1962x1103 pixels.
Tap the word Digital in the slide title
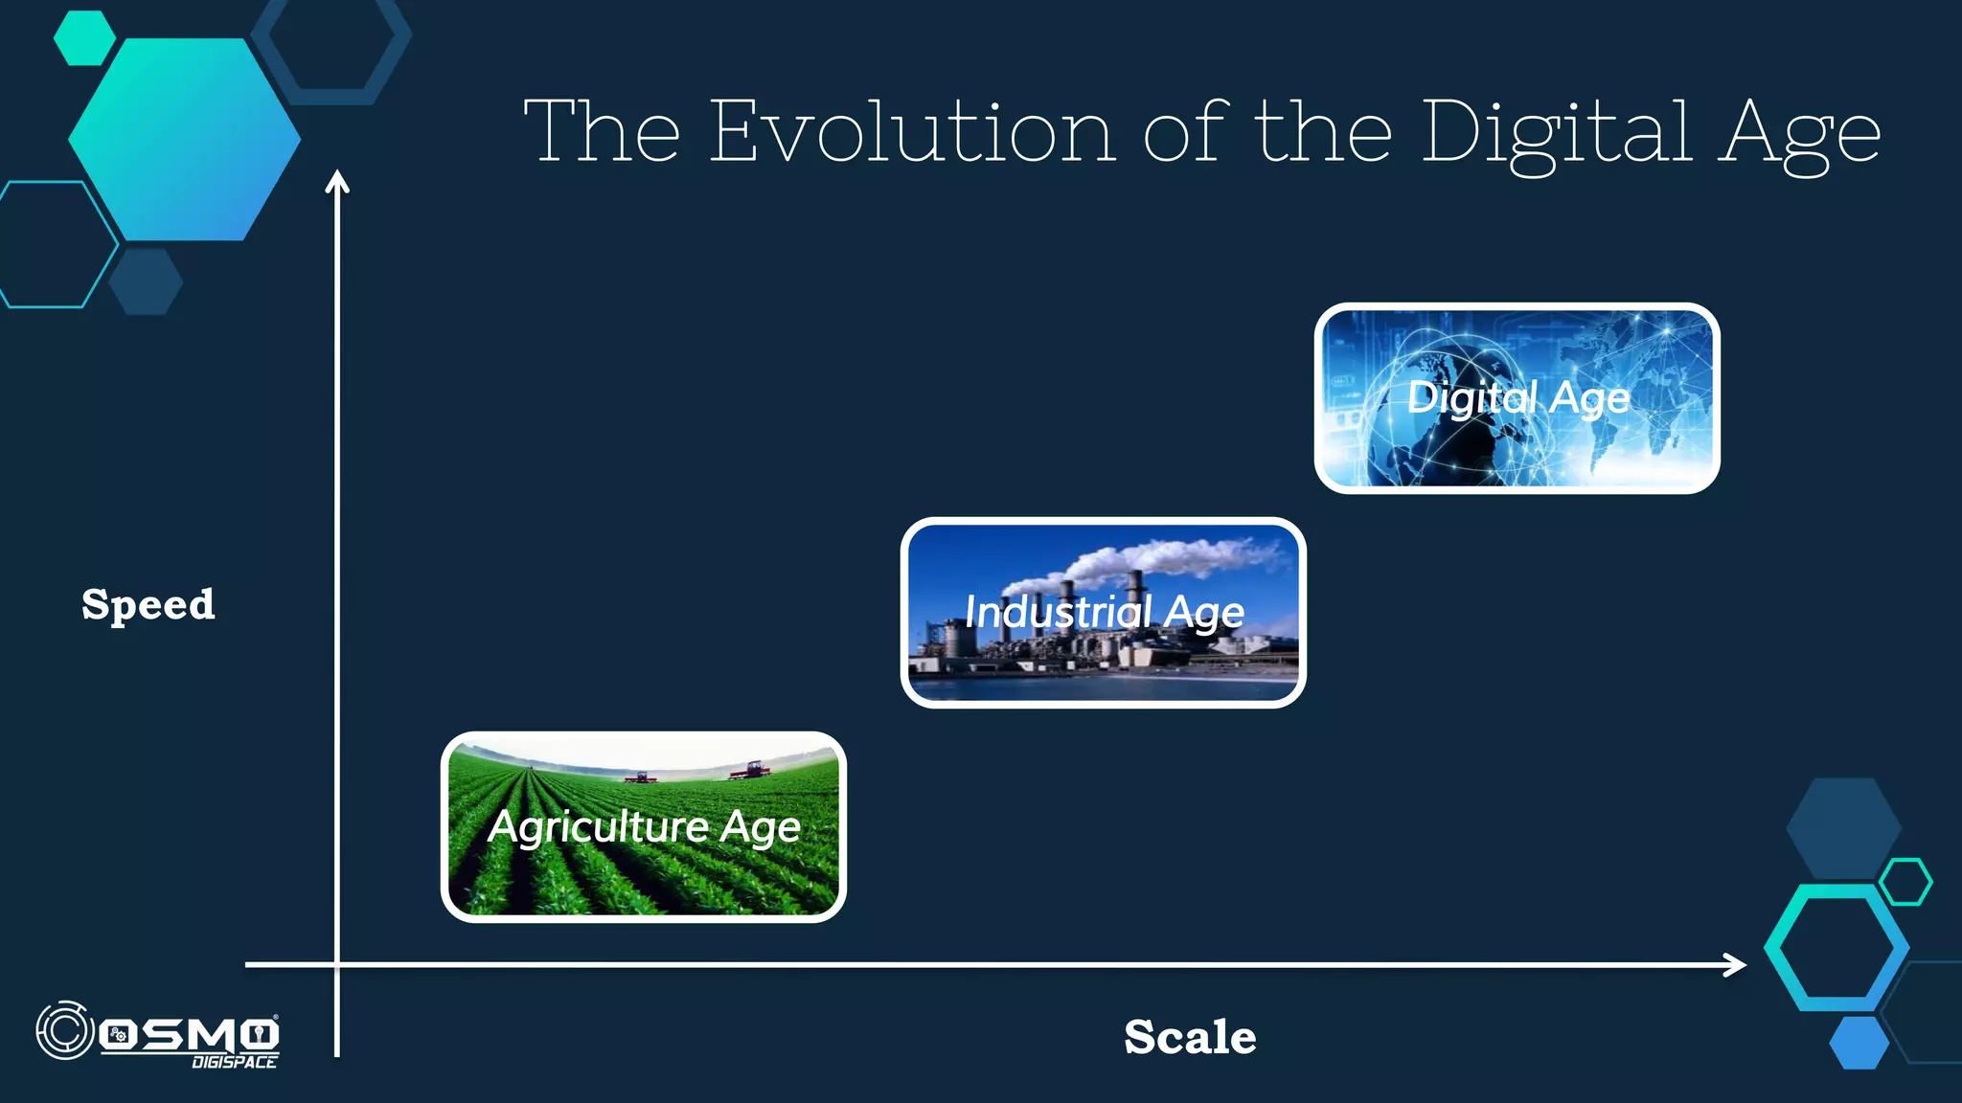pos(1556,134)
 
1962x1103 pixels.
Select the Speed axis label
pos(148,605)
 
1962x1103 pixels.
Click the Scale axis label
pos(1190,1037)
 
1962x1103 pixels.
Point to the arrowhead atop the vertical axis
pos(337,181)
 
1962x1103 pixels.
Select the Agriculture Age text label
pos(644,827)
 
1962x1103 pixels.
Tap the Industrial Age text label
pos(1104,613)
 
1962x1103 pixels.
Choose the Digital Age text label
pos(1517,397)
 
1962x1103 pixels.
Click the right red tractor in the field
pos(749,770)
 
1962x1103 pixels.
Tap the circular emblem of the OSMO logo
pos(64,1031)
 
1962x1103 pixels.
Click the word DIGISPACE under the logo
pos(234,1062)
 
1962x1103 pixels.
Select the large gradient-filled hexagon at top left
pos(184,140)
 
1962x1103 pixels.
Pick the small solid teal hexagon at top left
pos(84,38)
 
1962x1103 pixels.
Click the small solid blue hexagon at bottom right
pos(1859,1043)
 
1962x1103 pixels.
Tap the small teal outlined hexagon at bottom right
pos(1905,882)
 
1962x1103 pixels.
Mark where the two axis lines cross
pos(337,965)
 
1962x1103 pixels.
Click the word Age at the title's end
pos(1798,134)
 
